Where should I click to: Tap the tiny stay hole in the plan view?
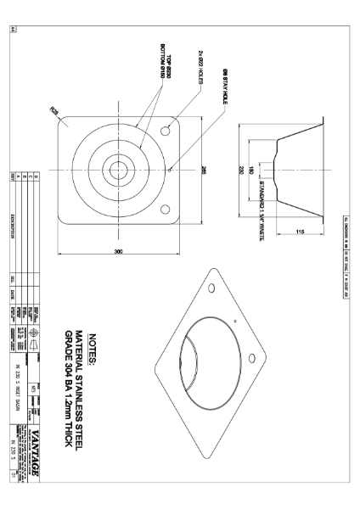(171, 169)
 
